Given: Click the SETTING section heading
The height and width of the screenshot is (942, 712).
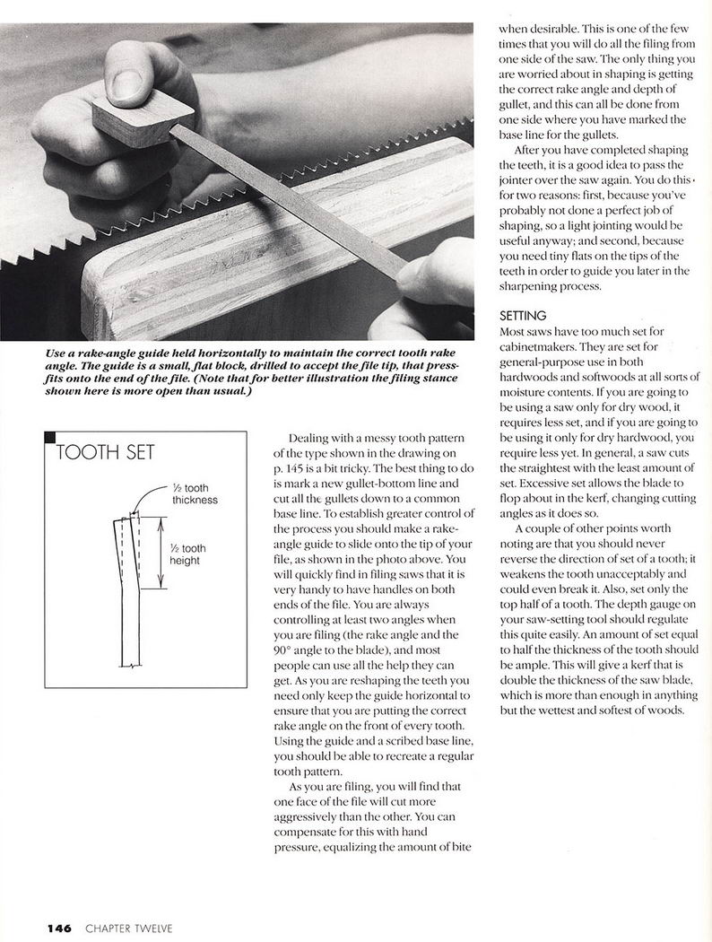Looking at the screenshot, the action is coord(523,316).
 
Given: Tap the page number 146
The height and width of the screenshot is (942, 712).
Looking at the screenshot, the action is coord(59,929).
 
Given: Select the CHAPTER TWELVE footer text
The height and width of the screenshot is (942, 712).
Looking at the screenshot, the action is coord(128,929).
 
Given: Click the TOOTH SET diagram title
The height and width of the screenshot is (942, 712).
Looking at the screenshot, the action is coord(105,452).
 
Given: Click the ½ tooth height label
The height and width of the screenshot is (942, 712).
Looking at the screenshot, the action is coord(187,554).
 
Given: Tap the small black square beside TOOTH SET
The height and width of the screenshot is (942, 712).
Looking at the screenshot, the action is coord(50,437).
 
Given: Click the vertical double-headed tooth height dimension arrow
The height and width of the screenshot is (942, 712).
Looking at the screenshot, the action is coord(161,552).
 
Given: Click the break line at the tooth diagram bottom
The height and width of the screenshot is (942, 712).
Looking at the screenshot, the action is coord(131,666).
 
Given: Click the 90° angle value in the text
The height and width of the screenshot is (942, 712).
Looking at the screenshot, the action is coord(283,650).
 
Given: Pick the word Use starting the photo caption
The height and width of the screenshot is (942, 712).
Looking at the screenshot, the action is coord(56,353).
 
